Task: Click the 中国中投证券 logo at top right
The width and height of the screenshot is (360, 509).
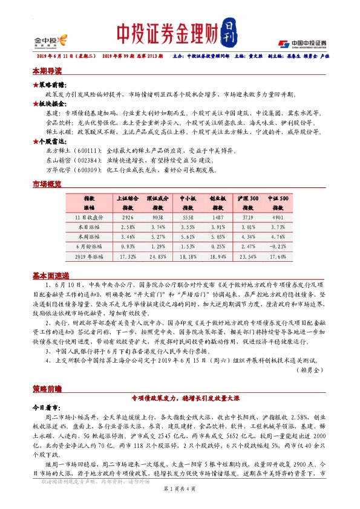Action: [303, 44]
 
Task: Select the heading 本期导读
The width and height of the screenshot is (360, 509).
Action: [47, 71]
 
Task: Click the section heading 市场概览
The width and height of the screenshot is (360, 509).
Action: [47, 183]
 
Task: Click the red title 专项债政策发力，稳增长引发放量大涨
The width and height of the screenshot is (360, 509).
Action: [180, 398]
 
